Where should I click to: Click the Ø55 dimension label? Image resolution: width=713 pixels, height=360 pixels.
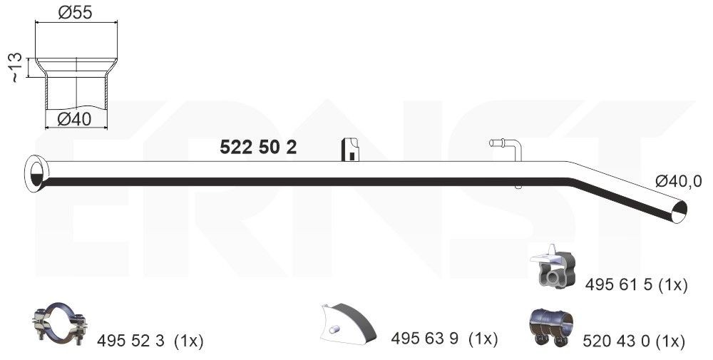(75, 13)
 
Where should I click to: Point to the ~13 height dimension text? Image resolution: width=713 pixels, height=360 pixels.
(15, 67)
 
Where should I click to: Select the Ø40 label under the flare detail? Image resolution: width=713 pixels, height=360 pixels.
(75, 119)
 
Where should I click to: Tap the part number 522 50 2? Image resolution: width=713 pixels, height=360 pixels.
(258, 147)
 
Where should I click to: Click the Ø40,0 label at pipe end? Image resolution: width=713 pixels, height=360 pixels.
(679, 181)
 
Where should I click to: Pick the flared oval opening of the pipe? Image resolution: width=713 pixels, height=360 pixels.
(35, 174)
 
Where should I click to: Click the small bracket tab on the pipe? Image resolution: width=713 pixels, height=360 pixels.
(350, 150)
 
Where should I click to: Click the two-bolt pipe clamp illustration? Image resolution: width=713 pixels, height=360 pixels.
(60, 323)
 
